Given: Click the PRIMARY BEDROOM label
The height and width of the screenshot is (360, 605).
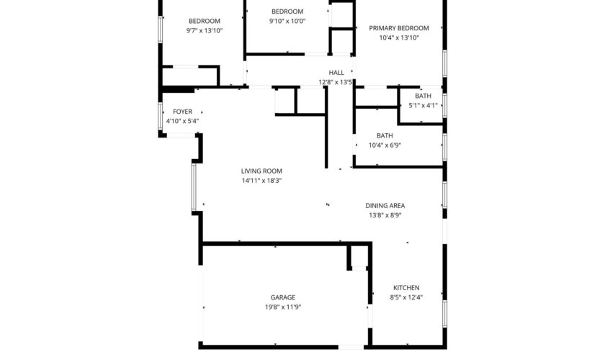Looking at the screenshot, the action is click(x=399, y=28).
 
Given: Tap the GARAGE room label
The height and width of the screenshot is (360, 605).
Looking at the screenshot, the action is click(x=283, y=297).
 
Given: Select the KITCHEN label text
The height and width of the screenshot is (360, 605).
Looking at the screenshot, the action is click(x=406, y=288).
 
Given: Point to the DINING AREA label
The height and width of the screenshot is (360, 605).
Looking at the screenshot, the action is click(x=385, y=206).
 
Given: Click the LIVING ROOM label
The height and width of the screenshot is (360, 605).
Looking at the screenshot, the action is click(x=261, y=171).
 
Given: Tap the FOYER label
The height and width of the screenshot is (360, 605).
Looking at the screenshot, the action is click(x=182, y=112).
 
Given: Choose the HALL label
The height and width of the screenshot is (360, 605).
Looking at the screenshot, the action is click(x=336, y=73).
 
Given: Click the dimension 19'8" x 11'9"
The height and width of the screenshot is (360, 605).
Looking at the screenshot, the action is click(x=283, y=307).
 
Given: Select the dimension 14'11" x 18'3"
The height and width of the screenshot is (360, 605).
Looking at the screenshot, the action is click(x=261, y=181).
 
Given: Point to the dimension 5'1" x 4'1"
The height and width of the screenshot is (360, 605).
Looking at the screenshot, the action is click(x=423, y=105).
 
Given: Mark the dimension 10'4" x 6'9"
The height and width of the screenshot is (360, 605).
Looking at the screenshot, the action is click(x=385, y=145).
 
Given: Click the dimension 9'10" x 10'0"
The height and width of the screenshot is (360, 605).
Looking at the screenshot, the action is click(x=287, y=21).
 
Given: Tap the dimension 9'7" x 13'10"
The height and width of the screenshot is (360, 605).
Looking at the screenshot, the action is click(x=205, y=31).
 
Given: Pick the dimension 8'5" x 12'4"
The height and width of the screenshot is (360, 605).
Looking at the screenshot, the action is click(x=406, y=297).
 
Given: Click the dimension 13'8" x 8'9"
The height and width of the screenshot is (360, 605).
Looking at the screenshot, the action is click(x=385, y=215).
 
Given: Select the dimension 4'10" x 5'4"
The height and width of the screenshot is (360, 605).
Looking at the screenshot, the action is click(x=182, y=121).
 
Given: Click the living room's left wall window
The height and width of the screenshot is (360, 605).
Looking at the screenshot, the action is click(x=194, y=187).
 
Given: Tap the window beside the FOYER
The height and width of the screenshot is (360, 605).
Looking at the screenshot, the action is click(x=161, y=116).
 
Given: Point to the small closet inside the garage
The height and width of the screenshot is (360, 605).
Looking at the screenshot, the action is click(x=359, y=256).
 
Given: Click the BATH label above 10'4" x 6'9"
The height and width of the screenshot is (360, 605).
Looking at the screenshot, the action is click(x=385, y=136).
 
